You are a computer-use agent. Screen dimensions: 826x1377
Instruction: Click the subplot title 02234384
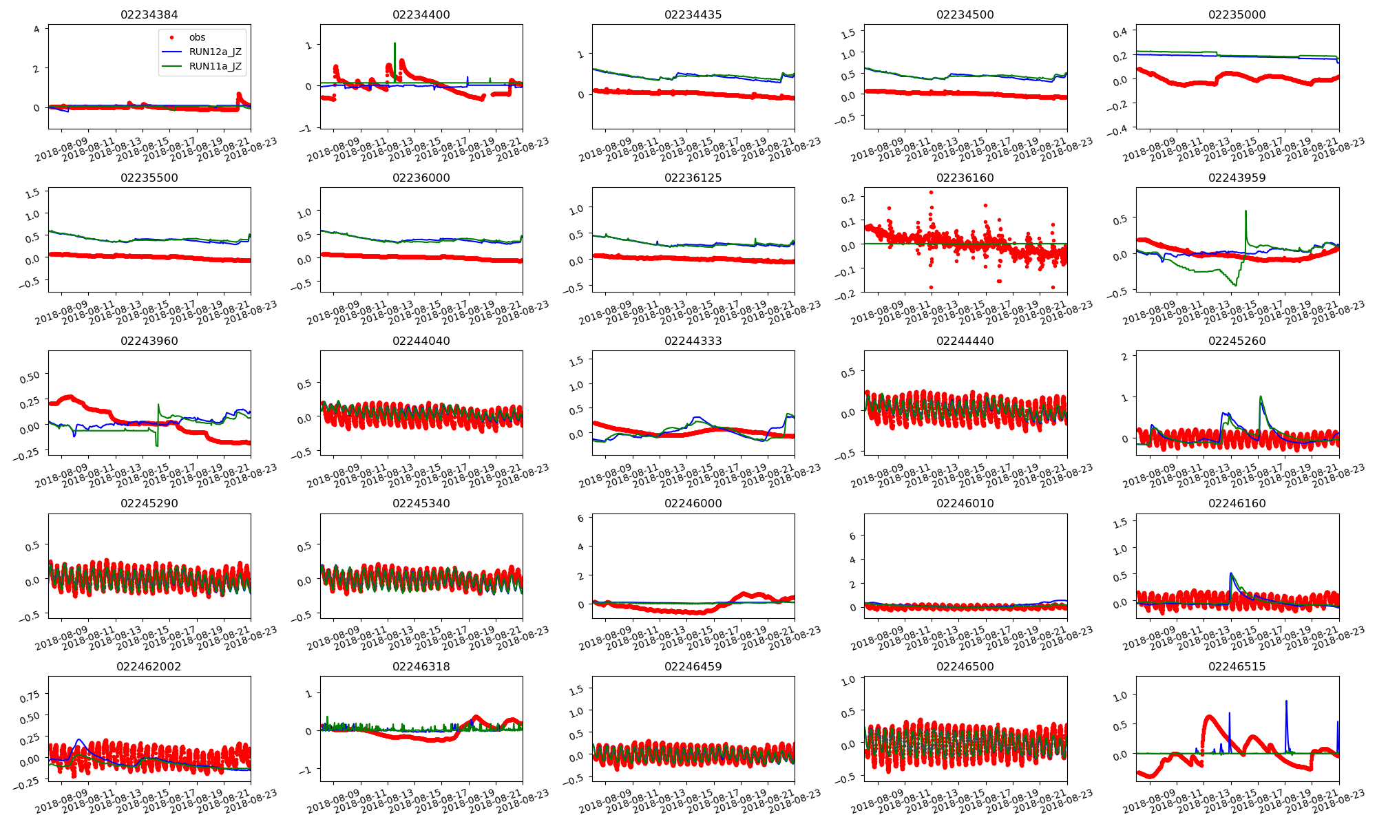(x=149, y=14)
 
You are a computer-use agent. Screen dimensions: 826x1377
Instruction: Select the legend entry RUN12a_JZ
(x=215, y=52)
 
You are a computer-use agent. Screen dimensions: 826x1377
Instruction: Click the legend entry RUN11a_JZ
(x=215, y=66)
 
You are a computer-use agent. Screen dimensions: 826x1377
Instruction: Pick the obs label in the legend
(x=197, y=37)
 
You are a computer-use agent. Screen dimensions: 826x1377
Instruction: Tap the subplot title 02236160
(x=965, y=178)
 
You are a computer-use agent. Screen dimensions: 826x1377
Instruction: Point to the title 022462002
(x=149, y=666)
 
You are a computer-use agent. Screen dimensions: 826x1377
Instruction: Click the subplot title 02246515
(x=1237, y=666)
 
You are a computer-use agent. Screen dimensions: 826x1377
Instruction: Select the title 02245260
(x=1237, y=341)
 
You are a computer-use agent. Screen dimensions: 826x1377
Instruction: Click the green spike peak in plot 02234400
(x=395, y=43)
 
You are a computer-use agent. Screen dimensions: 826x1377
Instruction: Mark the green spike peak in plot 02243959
(x=1246, y=211)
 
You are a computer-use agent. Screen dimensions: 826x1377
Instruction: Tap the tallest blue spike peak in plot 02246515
(x=1286, y=701)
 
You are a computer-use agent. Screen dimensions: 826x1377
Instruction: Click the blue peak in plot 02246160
(x=1230, y=573)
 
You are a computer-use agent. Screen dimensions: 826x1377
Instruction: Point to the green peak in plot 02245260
(x=1261, y=396)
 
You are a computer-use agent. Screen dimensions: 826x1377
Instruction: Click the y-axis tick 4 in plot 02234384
(x=37, y=29)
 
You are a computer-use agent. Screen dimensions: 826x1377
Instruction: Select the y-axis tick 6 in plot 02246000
(x=580, y=518)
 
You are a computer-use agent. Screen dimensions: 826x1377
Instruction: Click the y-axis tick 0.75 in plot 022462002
(x=30, y=697)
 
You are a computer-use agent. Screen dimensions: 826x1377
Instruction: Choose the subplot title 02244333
(x=693, y=341)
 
